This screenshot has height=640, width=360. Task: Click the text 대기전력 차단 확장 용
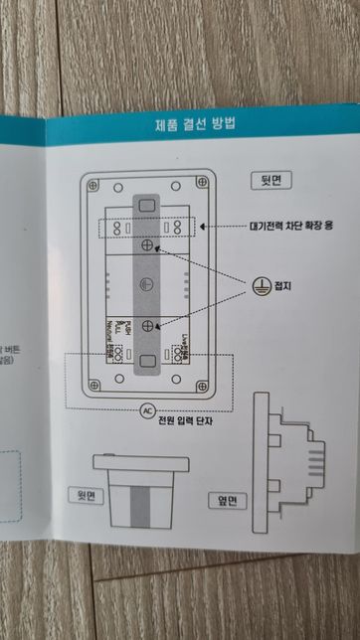tap(287, 227)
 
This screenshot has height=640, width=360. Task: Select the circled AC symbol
tap(147, 408)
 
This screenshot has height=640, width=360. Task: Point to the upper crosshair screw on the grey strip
tap(147, 242)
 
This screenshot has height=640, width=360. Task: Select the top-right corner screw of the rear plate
tap(204, 184)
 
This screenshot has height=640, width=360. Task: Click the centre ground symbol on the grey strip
tap(147, 282)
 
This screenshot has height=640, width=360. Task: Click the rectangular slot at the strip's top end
tap(147, 203)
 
